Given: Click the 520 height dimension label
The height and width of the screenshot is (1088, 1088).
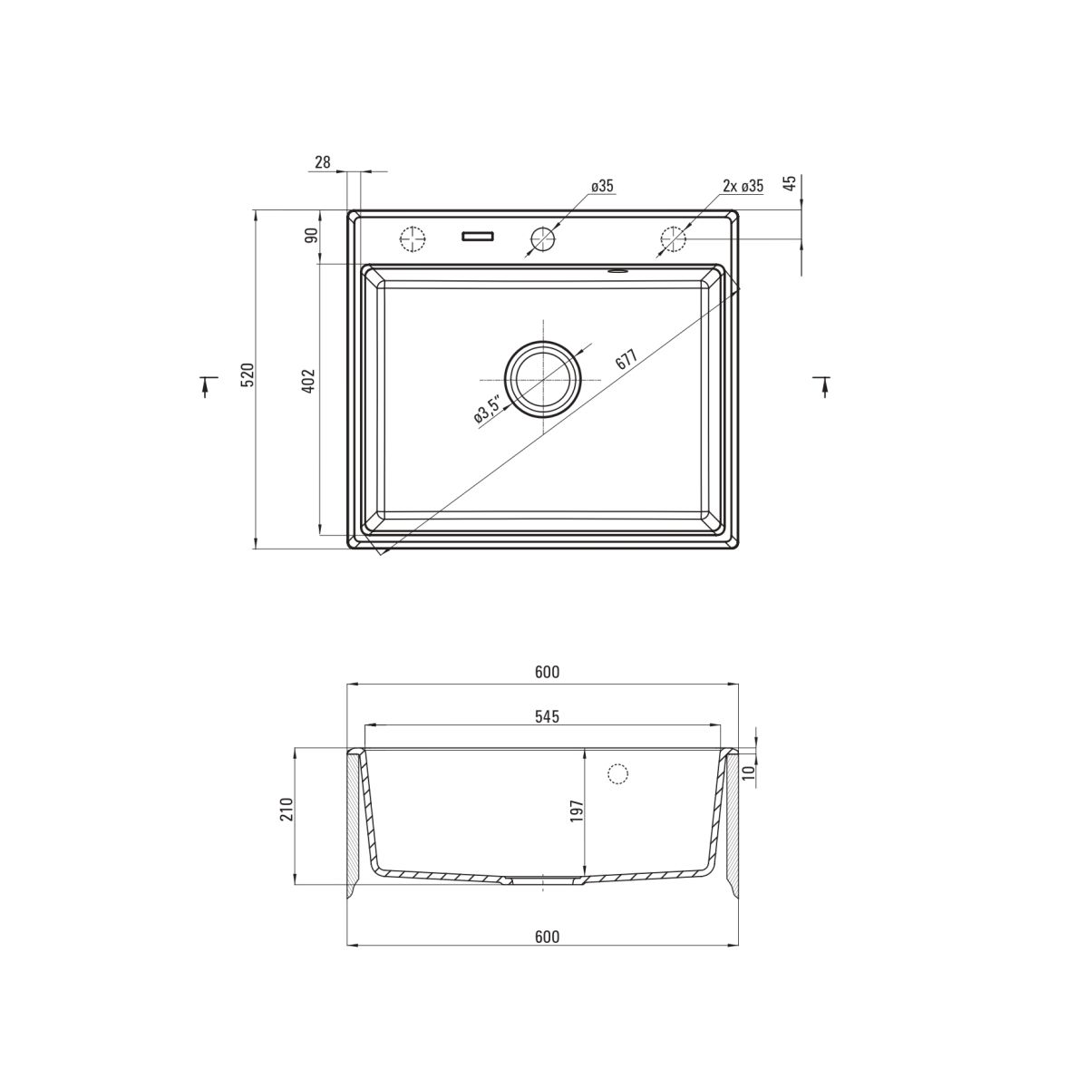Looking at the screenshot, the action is click(248, 374).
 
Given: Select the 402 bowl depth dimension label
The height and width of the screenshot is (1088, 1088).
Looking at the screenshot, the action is click(309, 381).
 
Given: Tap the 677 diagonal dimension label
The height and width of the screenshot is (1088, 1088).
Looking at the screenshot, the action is click(627, 358).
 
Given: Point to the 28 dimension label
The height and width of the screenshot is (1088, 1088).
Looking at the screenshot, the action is click(323, 162).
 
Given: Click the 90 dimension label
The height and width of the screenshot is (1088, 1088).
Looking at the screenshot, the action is click(312, 235).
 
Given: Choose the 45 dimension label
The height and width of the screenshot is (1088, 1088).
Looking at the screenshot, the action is click(791, 183).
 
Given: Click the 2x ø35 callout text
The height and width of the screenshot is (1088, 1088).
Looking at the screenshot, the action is click(743, 186).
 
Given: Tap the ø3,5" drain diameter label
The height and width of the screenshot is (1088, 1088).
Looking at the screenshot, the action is click(487, 409).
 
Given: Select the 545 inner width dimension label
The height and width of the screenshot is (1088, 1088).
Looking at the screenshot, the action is click(547, 716).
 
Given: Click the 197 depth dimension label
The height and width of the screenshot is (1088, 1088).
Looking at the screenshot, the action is click(576, 811).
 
